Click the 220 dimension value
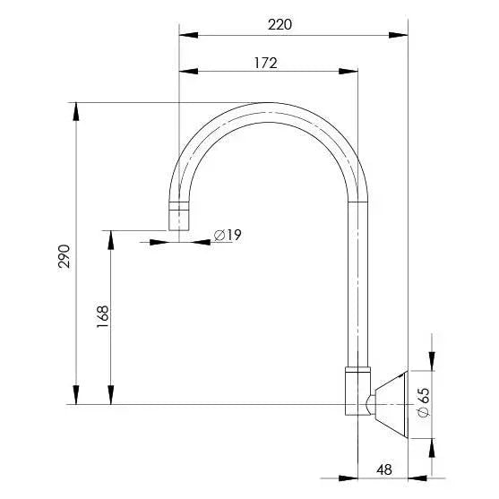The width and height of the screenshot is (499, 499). [280, 25]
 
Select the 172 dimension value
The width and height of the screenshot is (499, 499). [266, 63]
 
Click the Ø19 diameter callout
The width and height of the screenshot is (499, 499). [228, 235]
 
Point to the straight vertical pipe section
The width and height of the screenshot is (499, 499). [357, 287]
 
